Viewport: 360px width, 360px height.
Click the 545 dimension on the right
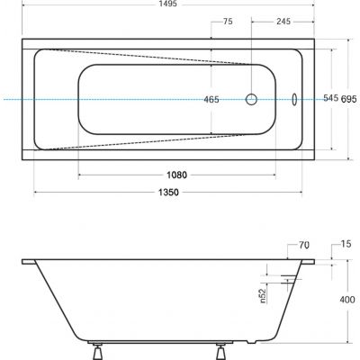[331, 99]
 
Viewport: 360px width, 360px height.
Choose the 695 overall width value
[349, 99]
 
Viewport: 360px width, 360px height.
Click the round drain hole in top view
[253, 99]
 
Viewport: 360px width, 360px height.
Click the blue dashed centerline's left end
[3, 99]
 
